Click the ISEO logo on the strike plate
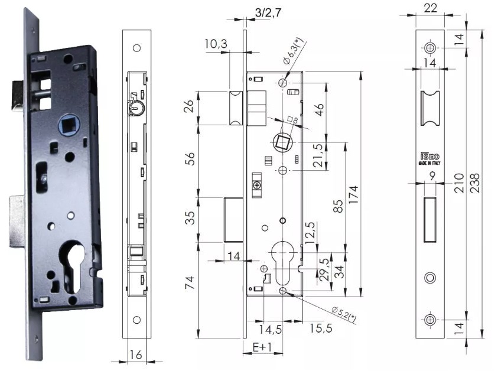click(429, 157)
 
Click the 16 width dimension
click(136, 354)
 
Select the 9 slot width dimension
click(433, 175)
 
